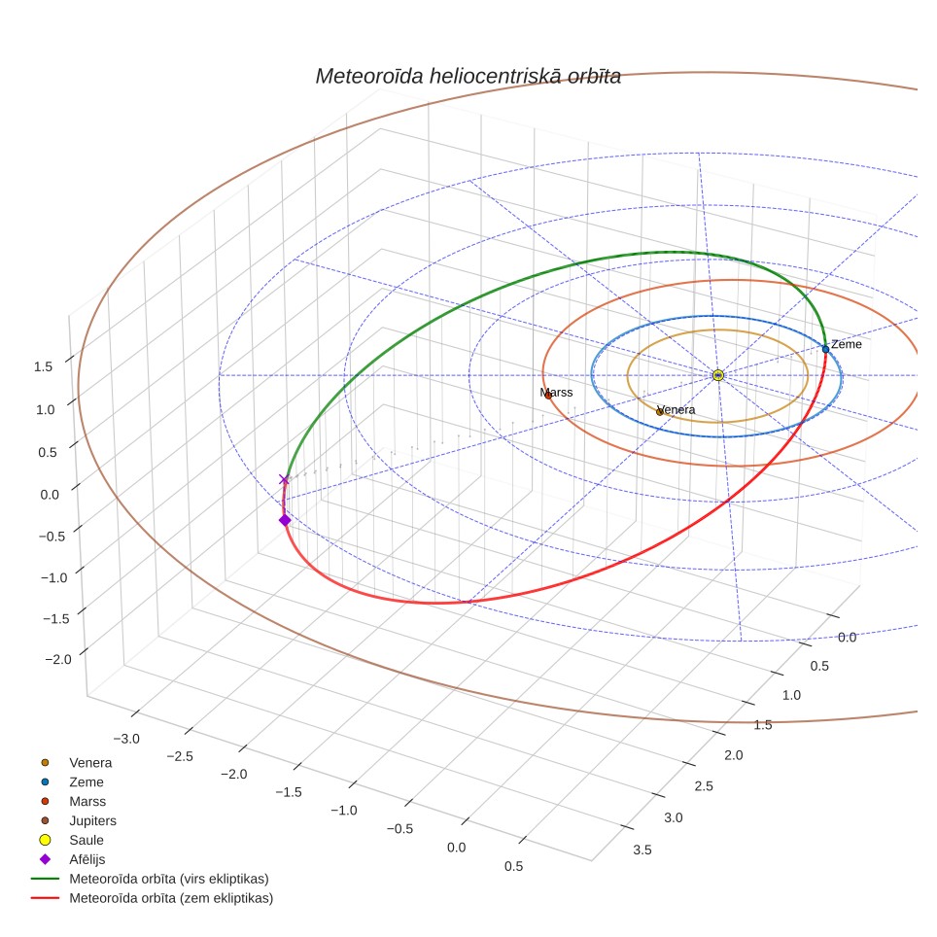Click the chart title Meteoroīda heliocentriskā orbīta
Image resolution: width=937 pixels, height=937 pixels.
click(x=468, y=77)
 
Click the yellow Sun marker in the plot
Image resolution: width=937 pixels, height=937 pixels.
click(x=718, y=375)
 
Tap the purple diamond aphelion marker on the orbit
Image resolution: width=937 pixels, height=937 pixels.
click(x=285, y=520)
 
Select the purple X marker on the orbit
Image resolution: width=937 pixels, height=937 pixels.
click(x=285, y=479)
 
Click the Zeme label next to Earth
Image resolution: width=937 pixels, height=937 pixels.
click(x=847, y=344)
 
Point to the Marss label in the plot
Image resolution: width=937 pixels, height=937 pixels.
click(x=556, y=393)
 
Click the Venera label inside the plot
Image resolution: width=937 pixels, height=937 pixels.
click(x=676, y=410)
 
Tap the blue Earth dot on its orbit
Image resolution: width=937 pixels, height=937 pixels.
click(x=825, y=350)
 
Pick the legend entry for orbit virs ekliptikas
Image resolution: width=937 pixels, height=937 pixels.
click(x=150, y=879)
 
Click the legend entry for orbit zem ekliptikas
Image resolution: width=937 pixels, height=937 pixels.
click(x=153, y=898)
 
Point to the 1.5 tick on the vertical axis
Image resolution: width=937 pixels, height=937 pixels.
click(x=43, y=366)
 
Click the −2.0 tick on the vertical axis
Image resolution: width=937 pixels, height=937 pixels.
click(x=58, y=659)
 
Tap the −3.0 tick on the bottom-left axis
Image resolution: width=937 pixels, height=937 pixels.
click(x=126, y=739)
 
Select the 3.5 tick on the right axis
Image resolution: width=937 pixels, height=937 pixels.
click(x=642, y=850)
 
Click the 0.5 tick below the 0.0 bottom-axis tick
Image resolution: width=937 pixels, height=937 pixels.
click(x=513, y=866)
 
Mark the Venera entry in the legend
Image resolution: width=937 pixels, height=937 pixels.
click(x=76, y=762)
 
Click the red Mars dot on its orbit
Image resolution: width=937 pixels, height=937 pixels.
click(x=548, y=395)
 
